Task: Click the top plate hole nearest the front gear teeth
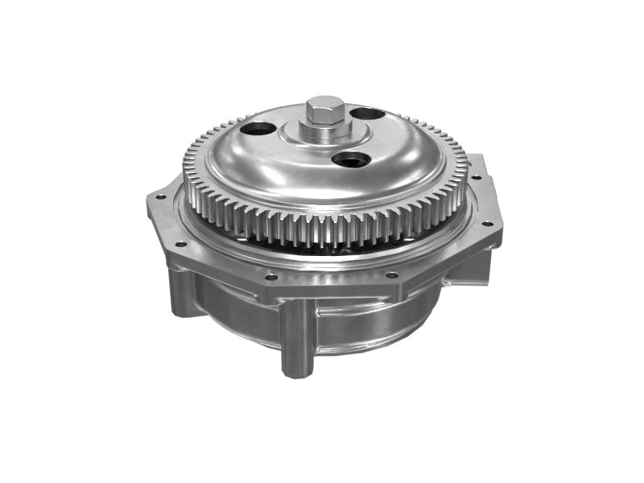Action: [350, 159]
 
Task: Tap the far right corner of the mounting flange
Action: [502, 233]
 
